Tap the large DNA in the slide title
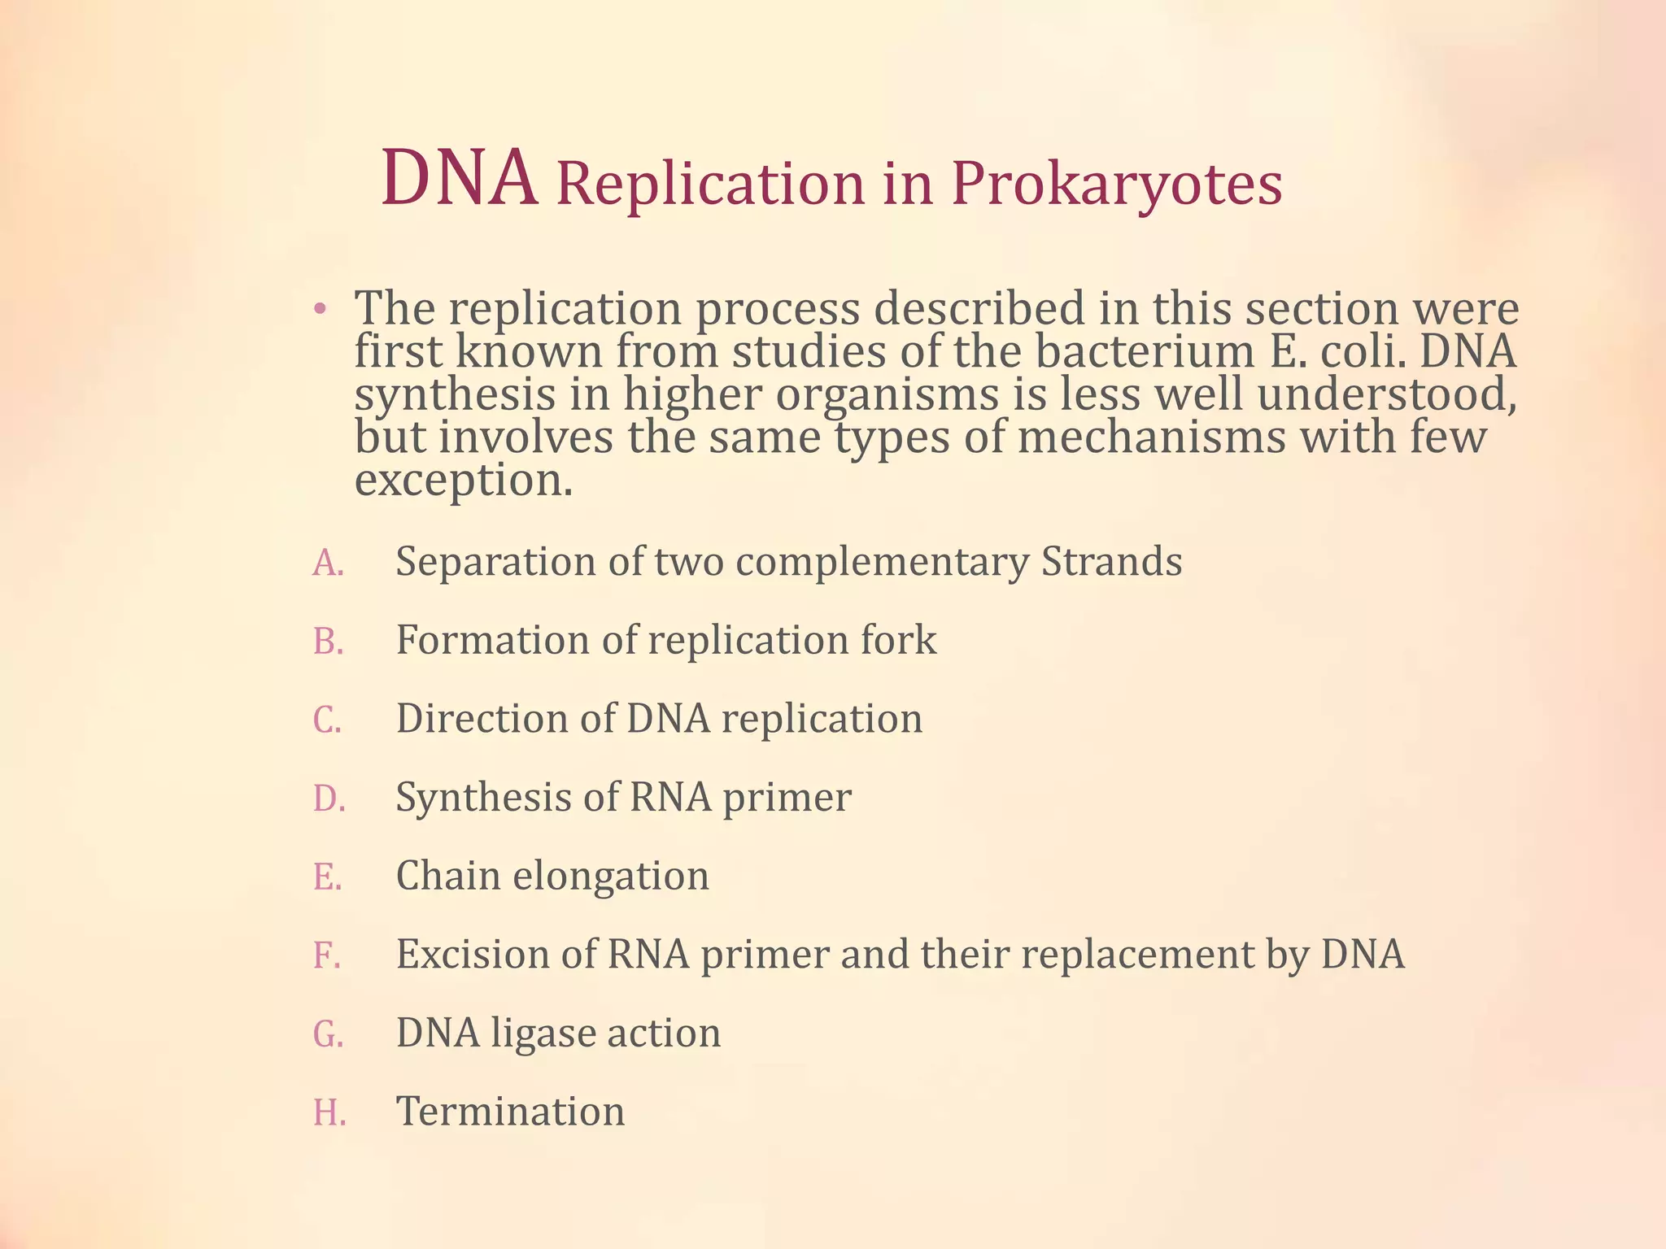coord(459,177)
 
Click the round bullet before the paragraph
coord(321,309)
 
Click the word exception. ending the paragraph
coord(464,481)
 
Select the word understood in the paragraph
coord(1386,395)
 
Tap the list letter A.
coord(328,563)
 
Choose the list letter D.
coord(329,799)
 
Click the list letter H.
coord(329,1112)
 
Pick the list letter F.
coord(327,955)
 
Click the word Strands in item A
coord(1111,561)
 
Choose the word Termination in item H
coord(510,1112)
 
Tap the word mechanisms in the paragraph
coord(1151,438)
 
